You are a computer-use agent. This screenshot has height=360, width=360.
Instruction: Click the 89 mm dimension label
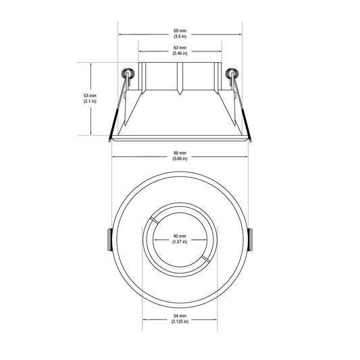pyautogui.click(x=180, y=30)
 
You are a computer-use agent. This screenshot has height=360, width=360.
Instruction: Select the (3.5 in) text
pyautogui.click(x=180, y=36)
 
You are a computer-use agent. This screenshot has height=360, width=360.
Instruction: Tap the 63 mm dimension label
pyautogui.click(x=180, y=48)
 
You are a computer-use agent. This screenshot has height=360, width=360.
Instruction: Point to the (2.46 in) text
pyautogui.click(x=180, y=53)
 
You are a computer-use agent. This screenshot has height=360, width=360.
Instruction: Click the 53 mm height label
pyautogui.click(x=90, y=95)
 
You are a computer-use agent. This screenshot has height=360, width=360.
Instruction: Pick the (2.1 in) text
pyautogui.click(x=90, y=101)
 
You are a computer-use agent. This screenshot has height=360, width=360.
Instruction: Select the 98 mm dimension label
pyautogui.click(x=180, y=153)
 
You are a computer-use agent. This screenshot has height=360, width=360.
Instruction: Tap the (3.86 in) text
pyautogui.click(x=180, y=159)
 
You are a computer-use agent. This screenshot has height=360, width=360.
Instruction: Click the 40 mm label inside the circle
pyautogui.click(x=180, y=236)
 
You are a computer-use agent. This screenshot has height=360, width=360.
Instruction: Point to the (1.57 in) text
pyautogui.click(x=180, y=242)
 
